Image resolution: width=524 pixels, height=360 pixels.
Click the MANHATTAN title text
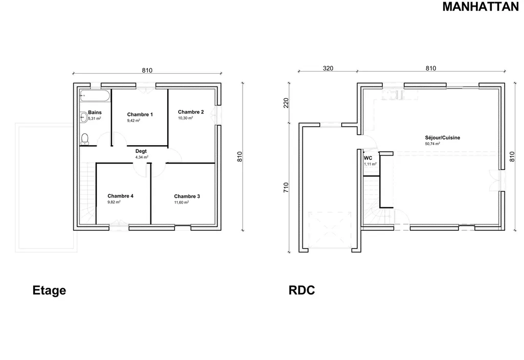click(x=481, y=7)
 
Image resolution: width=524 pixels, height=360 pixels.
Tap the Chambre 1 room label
click(x=140, y=115)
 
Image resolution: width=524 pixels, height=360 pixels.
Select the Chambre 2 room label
click(x=191, y=112)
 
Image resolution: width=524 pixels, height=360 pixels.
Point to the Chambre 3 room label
click(x=187, y=196)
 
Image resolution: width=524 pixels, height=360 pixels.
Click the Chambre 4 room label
click(x=120, y=196)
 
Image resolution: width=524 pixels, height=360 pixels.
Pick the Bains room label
click(x=95, y=112)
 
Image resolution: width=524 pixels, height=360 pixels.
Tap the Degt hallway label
click(x=141, y=151)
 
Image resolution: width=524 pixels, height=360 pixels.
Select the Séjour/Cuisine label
click(x=443, y=138)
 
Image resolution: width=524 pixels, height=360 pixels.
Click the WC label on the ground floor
click(x=367, y=158)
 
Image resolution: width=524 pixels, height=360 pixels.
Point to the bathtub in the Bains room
click(x=94, y=96)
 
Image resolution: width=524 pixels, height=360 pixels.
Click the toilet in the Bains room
click(x=85, y=138)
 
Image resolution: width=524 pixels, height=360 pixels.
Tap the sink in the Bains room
click(x=83, y=117)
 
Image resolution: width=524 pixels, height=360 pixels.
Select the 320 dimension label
click(x=328, y=69)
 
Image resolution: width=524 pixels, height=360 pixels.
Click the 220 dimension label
click(x=286, y=103)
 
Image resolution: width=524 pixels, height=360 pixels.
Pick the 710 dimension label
click(x=286, y=188)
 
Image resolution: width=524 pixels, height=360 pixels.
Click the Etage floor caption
click(x=49, y=290)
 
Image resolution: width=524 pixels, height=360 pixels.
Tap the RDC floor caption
click(x=302, y=290)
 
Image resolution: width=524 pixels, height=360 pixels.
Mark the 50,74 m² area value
click(x=432, y=144)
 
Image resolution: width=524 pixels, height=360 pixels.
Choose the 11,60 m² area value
click(x=181, y=202)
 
